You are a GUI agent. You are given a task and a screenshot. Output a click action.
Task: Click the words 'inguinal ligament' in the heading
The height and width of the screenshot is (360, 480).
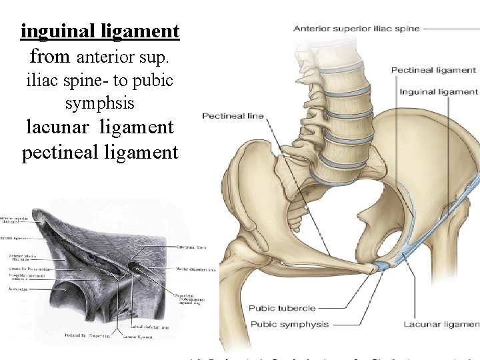click(100, 31)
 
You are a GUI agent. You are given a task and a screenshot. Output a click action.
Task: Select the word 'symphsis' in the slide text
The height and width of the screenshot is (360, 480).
click(100, 103)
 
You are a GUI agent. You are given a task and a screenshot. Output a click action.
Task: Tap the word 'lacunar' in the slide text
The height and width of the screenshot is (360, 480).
click(62, 127)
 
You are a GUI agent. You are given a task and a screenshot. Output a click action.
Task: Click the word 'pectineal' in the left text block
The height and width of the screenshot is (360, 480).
click(61, 152)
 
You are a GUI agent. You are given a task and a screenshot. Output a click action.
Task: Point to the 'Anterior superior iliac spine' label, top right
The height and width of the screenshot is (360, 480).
click(357, 28)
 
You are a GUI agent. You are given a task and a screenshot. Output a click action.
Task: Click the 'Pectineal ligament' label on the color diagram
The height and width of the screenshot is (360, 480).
click(433, 70)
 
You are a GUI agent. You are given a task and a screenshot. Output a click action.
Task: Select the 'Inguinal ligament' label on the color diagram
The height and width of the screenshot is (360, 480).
click(439, 92)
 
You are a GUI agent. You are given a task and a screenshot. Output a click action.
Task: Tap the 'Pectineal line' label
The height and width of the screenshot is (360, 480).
click(233, 116)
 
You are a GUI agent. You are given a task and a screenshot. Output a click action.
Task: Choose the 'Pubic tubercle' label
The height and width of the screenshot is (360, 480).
click(282, 308)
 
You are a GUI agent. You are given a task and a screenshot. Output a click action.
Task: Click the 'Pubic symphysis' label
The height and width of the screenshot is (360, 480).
click(289, 324)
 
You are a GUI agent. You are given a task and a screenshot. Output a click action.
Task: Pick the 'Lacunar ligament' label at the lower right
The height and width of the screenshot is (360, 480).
click(441, 324)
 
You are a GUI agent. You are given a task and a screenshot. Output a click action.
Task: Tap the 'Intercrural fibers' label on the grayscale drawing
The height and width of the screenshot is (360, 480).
click(191, 247)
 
